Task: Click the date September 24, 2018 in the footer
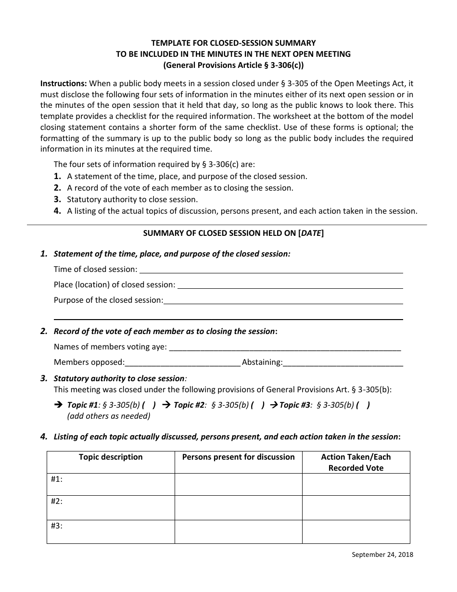[382, 554]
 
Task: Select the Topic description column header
[111, 457]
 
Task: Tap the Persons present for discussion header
[238, 457]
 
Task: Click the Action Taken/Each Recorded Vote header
[356, 462]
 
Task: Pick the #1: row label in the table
[57, 479]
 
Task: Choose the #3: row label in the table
[57, 526]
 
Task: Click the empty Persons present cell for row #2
[238, 507]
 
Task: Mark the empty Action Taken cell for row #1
[356, 484]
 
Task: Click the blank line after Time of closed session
[271, 270]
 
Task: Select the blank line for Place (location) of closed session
[290, 285]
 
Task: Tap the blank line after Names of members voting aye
[285, 347]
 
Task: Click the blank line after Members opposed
[183, 363]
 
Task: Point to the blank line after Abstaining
[343, 363]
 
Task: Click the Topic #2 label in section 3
[190, 405]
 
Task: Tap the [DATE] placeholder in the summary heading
[311, 233]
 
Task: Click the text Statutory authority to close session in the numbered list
[132, 199]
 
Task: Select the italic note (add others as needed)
[109, 416]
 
